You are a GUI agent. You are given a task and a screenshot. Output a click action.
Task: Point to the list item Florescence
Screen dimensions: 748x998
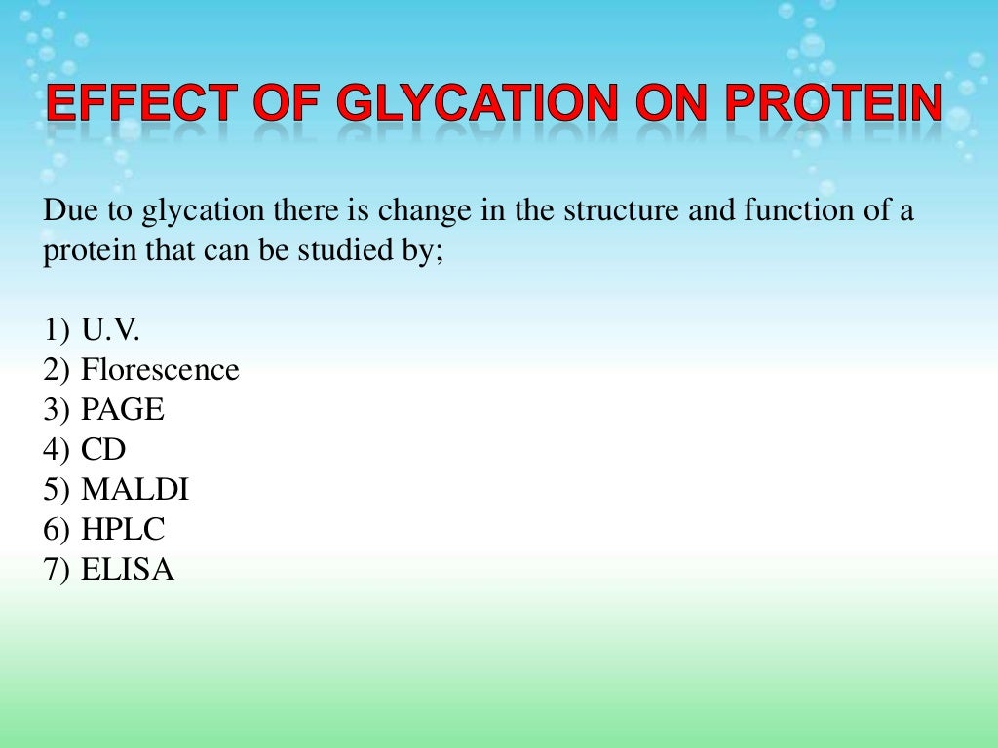[x=160, y=370]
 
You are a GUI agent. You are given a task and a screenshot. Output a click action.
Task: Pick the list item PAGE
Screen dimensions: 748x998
[x=123, y=410]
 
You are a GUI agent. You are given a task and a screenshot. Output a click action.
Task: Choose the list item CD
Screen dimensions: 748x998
[x=103, y=450]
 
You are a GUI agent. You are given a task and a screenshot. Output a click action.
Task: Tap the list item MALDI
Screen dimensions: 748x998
[x=134, y=490]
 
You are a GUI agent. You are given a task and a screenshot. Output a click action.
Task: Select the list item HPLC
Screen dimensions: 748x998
[x=123, y=530]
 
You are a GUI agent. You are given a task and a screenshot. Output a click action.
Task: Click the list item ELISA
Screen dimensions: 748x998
[x=127, y=570]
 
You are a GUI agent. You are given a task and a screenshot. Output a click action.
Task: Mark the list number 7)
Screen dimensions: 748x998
[x=57, y=570]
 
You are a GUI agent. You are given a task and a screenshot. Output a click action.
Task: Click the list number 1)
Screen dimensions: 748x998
[x=57, y=330]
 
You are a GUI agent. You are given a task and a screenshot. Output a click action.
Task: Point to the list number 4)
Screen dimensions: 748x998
[x=57, y=450]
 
